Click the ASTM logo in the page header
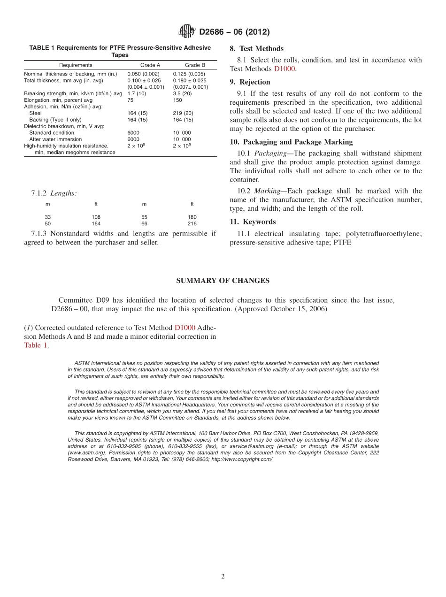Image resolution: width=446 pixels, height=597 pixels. (186, 31)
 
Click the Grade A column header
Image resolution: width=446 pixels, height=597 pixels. (150, 65)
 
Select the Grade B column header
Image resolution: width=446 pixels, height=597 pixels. (195, 65)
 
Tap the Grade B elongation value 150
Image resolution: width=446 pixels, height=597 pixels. (177, 100)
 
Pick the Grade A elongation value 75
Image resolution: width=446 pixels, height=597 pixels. (131, 100)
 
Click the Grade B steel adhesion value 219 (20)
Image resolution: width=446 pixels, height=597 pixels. (183, 113)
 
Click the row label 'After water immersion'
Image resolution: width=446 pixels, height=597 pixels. (55, 139)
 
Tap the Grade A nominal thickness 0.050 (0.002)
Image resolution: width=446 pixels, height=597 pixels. (143, 74)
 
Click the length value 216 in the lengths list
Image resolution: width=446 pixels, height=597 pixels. (192, 224)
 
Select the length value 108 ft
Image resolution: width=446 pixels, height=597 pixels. (96, 217)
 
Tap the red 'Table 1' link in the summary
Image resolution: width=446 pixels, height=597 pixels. (36, 345)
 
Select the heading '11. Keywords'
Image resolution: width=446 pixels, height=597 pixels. (253, 222)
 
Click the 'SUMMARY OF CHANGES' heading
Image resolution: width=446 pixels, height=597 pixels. (223, 281)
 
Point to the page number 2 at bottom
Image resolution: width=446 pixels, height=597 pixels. (223, 577)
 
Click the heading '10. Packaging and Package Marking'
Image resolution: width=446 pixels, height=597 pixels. (291, 142)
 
